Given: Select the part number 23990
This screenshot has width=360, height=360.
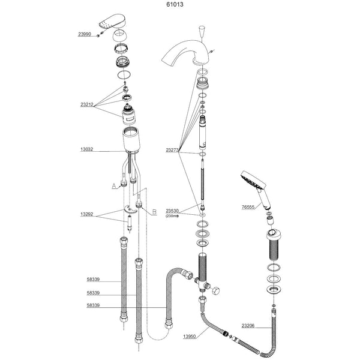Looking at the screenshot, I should pyautogui.click(x=86, y=35).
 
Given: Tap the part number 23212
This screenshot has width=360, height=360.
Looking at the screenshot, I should pyautogui.click(x=86, y=103).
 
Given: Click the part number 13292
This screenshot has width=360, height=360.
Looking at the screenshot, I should pyautogui.click(x=86, y=214).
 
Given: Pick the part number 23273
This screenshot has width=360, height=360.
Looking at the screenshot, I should pyautogui.click(x=173, y=150).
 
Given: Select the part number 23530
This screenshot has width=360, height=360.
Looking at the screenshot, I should pyautogui.click(x=173, y=211).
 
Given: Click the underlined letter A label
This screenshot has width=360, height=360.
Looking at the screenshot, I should pyautogui.click(x=113, y=187).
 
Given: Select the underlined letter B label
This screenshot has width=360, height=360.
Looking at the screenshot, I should pyautogui.click(x=154, y=212).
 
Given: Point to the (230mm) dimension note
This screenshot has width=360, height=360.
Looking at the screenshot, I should pyautogui.click(x=173, y=216).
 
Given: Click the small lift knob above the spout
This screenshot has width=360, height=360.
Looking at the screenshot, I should pyautogui.click(x=202, y=32).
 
